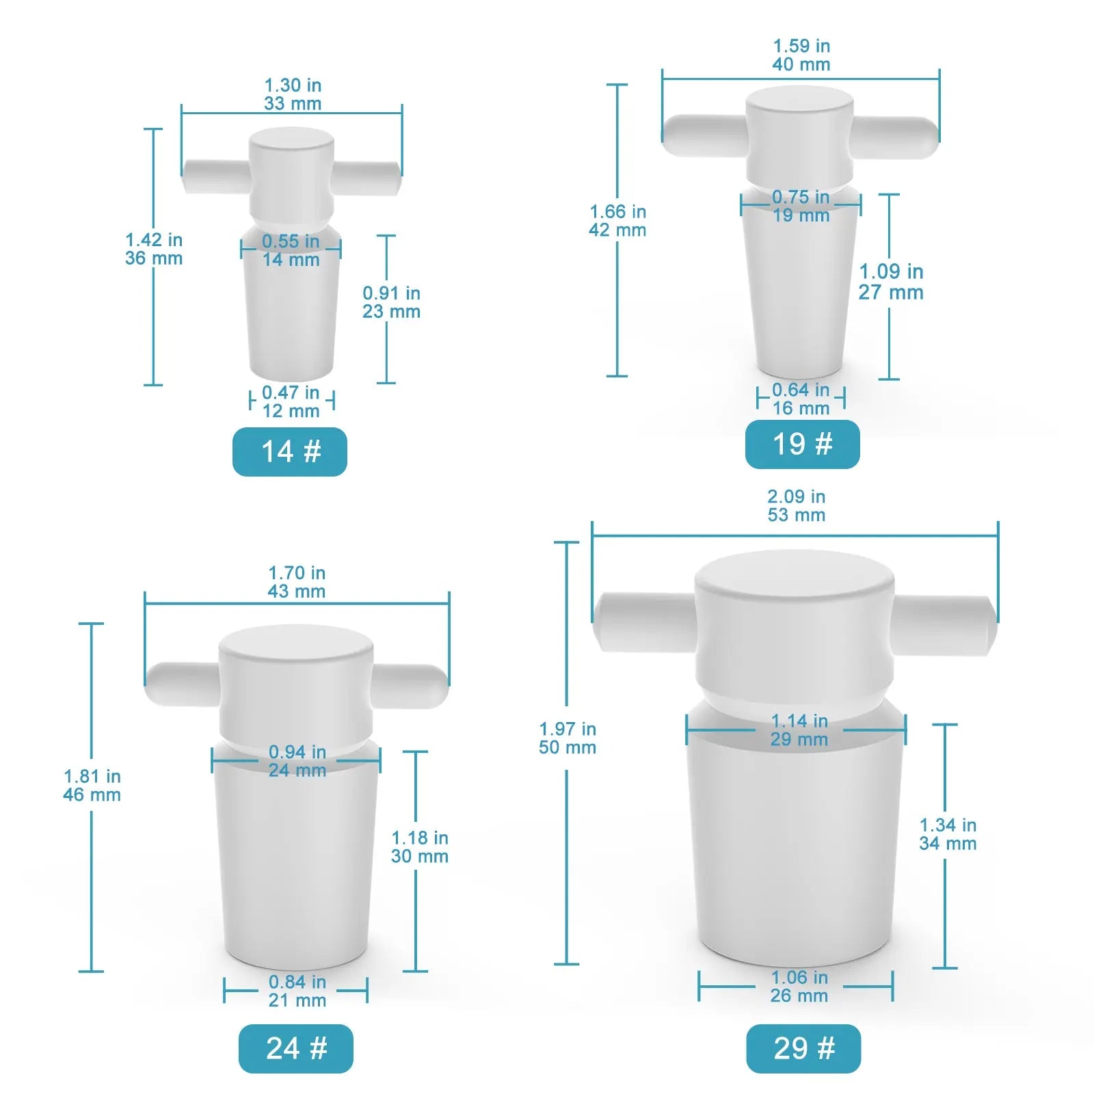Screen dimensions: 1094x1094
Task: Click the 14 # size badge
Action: click(290, 451)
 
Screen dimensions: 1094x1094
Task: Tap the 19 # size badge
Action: click(802, 444)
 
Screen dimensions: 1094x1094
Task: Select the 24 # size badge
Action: click(296, 1048)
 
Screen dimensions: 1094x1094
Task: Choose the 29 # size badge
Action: click(803, 1048)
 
